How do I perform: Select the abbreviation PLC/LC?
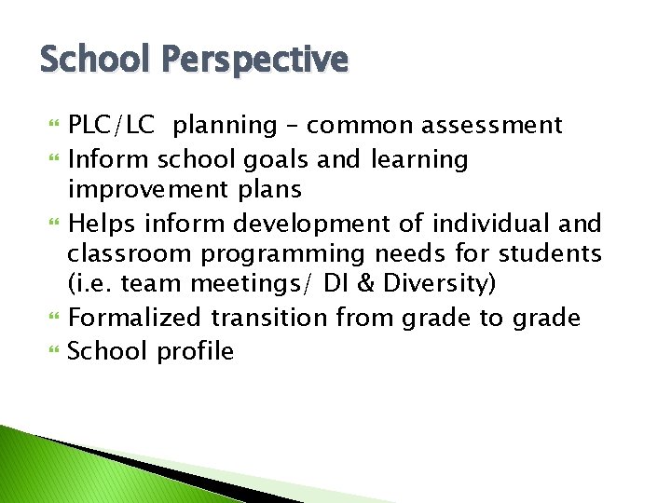coord(112,126)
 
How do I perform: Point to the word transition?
coord(269,319)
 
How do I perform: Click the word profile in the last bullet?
coord(195,351)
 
